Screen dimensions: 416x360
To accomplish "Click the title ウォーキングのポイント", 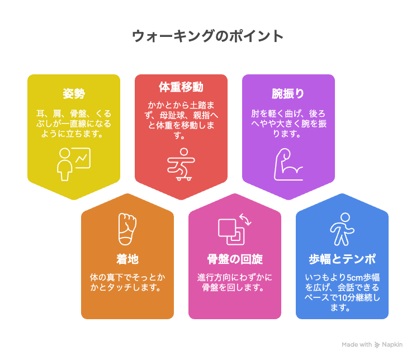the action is click(x=208, y=36).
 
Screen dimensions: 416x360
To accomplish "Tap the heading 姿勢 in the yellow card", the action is click(x=74, y=94).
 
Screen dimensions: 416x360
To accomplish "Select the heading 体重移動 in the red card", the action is click(x=181, y=87).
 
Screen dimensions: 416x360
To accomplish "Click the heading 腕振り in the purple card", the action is click(x=288, y=94).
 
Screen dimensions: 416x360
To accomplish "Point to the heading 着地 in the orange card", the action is click(x=127, y=259).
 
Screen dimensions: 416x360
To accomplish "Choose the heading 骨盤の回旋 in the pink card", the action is click(x=235, y=259).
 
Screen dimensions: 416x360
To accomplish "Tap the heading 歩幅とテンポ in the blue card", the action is click(x=342, y=259).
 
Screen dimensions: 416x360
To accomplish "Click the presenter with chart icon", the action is click(x=74, y=164).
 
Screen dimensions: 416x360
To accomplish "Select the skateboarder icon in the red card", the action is click(x=181, y=164).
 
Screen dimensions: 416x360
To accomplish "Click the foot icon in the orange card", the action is click(x=127, y=229).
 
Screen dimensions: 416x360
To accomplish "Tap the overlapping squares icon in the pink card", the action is click(x=231, y=232).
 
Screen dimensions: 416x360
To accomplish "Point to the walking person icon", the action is click(x=342, y=229).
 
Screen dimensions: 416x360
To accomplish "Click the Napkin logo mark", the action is click(x=377, y=344).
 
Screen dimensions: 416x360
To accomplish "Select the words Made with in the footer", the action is click(x=357, y=344).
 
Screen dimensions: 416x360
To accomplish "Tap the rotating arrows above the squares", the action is click(x=245, y=219).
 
